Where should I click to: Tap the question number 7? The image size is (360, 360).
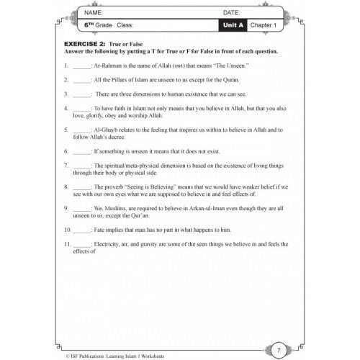point(66,166)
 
